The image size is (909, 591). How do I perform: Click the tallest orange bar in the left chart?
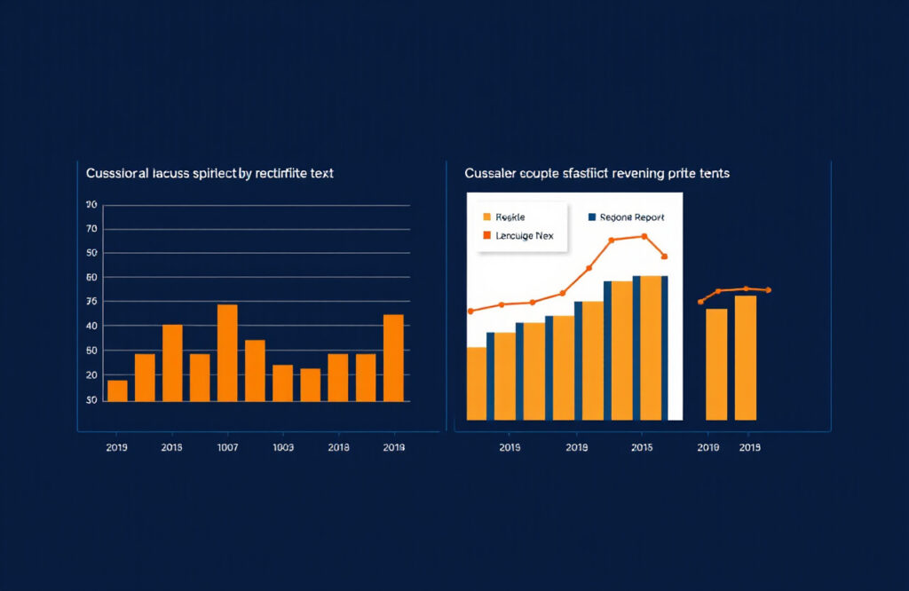[x=227, y=352]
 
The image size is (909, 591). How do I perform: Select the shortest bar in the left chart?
[x=117, y=390]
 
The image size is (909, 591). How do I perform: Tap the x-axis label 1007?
[x=227, y=448]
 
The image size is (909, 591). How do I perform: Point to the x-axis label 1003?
[x=282, y=448]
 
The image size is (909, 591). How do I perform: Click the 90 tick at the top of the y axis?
[x=91, y=205]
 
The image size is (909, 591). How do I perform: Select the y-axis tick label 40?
[x=91, y=327]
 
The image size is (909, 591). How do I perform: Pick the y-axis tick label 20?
[x=91, y=375]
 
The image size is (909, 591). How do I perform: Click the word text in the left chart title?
[x=320, y=174]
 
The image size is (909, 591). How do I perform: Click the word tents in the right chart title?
[x=714, y=174]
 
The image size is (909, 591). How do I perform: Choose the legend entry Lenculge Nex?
[x=524, y=236]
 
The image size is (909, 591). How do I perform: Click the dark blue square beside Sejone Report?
[x=591, y=217]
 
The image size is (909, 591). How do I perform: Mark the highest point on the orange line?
[x=644, y=236]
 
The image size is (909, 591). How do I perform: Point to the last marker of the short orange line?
[x=768, y=290]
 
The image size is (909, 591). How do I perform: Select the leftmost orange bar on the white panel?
[x=477, y=382]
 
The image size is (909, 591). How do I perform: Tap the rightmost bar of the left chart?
[x=393, y=358]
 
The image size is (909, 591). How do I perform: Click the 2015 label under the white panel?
[x=643, y=448]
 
